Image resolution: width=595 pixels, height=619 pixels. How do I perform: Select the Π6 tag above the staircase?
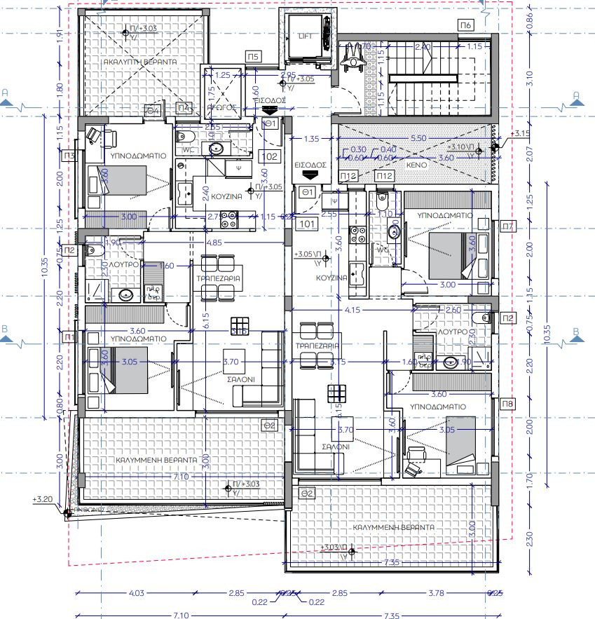[466, 25]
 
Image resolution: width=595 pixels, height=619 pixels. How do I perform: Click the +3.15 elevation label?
[522, 133]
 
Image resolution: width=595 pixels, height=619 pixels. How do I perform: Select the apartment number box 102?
[273, 156]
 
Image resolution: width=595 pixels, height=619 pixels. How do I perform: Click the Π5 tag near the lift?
[253, 56]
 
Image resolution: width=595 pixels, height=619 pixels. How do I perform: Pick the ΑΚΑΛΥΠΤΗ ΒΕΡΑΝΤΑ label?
[140, 62]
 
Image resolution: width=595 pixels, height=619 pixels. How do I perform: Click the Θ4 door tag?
[153, 110]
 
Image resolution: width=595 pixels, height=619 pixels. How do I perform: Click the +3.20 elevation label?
[42, 500]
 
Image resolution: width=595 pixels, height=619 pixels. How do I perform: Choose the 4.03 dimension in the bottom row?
[136, 594]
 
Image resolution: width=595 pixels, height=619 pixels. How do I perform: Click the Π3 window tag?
[69, 155]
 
